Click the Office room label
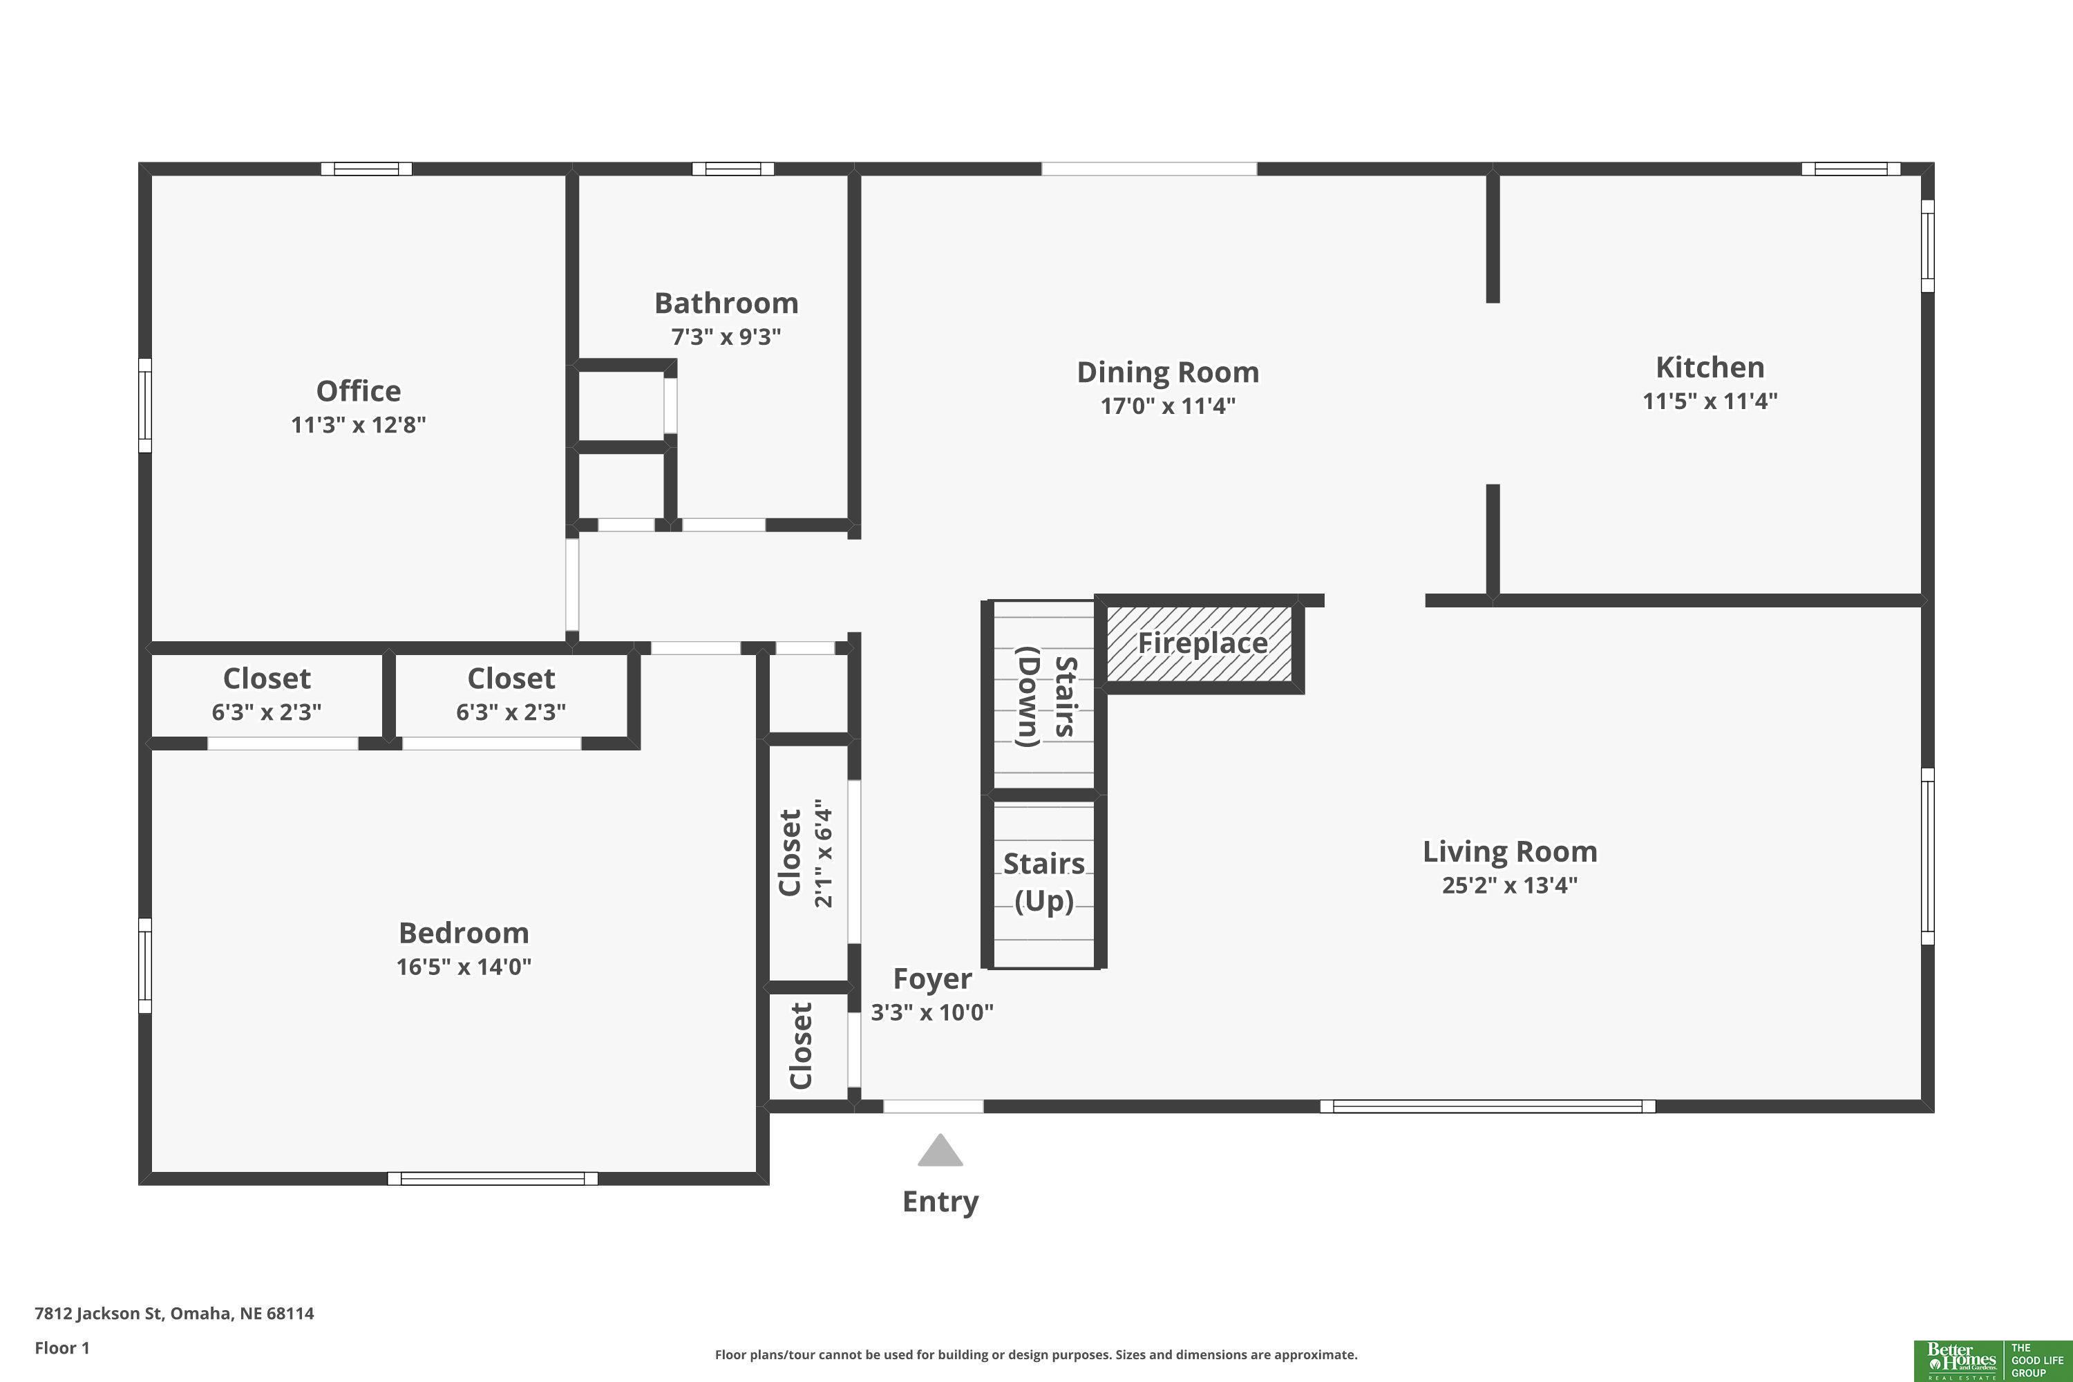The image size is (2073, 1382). [x=358, y=390]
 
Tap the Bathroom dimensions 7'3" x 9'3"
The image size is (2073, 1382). [x=726, y=337]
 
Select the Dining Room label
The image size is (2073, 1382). [x=1168, y=372]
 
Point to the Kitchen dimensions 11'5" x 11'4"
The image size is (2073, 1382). [x=1710, y=401]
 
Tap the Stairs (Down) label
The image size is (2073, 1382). [x=1046, y=697]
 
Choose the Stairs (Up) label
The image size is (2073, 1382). [x=1044, y=882]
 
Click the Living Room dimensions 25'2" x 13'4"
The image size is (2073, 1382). [x=1510, y=885]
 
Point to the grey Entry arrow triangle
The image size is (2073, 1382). [x=940, y=1151]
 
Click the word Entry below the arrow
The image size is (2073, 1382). [x=940, y=1202]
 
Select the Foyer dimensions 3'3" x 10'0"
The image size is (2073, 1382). [x=932, y=1012]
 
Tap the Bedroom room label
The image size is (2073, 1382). [x=464, y=932]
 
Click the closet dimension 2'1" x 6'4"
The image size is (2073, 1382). [x=823, y=853]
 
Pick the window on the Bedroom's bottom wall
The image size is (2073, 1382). [x=493, y=1178]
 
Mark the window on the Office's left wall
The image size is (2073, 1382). [x=145, y=406]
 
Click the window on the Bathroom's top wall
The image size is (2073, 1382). [x=732, y=169]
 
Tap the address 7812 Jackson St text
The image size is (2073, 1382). [x=175, y=1314]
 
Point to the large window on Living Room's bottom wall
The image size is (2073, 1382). [x=1488, y=1106]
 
